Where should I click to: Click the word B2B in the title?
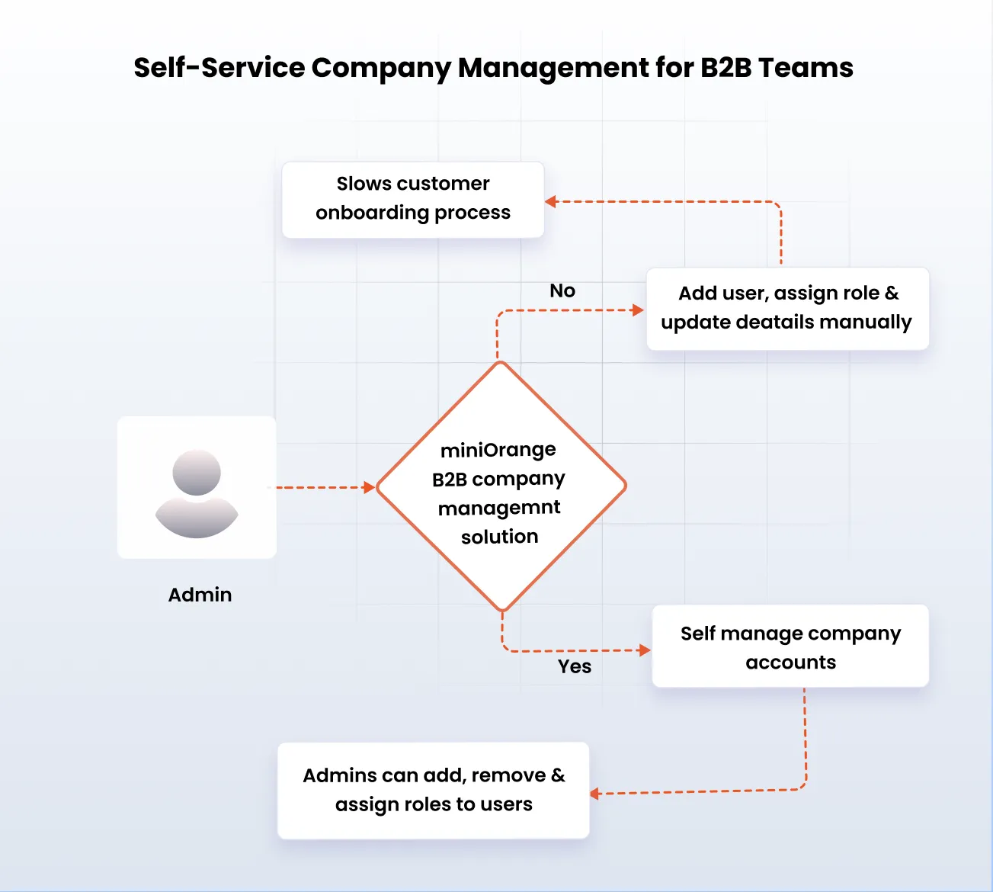(726, 68)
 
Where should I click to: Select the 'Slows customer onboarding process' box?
(413, 199)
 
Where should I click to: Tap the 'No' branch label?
(562, 290)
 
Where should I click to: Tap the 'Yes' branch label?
(575, 666)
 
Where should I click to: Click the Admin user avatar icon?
(197, 493)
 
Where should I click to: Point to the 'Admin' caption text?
(200, 595)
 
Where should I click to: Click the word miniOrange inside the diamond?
(498, 450)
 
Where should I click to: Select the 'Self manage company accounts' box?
(790, 647)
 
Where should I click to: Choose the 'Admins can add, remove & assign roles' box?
(434, 790)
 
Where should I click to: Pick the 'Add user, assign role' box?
(787, 308)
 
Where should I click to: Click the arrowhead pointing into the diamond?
(370, 487)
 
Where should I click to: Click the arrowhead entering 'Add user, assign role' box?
(639, 310)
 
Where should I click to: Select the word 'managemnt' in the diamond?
(499, 508)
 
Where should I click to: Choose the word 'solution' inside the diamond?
(500, 537)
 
